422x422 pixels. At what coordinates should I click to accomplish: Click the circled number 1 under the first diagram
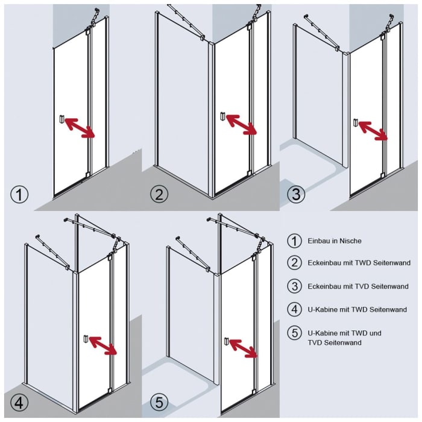point(20,195)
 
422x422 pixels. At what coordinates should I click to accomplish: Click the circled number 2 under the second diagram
point(159,195)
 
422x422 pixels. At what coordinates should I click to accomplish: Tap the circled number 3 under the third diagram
point(295,195)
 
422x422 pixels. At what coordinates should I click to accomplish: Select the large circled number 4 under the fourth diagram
point(19,402)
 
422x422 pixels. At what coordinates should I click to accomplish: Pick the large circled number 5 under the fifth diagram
point(159,402)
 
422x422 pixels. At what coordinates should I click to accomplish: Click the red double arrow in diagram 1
point(80,128)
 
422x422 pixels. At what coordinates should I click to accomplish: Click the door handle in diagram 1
point(61,119)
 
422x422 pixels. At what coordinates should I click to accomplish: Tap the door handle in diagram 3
point(356,123)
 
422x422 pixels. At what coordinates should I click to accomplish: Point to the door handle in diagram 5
point(227,342)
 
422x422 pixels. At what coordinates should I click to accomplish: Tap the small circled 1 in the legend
point(294,241)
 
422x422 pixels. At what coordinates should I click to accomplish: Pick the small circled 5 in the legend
point(294,333)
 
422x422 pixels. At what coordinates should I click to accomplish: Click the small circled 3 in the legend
point(294,286)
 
